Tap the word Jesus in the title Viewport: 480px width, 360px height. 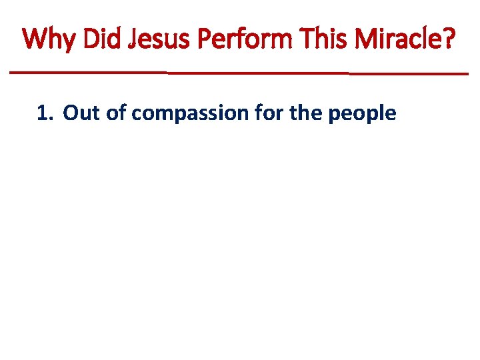(153, 39)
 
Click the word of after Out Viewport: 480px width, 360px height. (116, 114)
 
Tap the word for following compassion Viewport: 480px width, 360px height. (267, 114)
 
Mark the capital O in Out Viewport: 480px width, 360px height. (71, 114)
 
